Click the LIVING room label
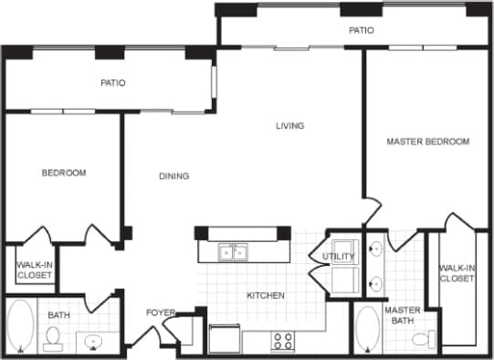pos(289,126)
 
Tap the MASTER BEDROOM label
pos(427,142)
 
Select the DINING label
pos(173,176)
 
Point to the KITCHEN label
pos(266,296)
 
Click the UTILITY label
pos(338,257)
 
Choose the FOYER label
pos(161,313)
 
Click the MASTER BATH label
pos(402,315)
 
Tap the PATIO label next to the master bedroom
pos(362,31)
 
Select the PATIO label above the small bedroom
pos(113,83)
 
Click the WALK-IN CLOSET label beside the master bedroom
pos(457,273)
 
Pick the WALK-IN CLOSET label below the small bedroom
pos(33,269)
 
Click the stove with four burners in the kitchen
pos(284,341)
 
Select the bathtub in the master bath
pos(367,330)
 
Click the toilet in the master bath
pos(423,340)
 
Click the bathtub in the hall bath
pos(18,328)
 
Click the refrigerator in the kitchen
pos(225,338)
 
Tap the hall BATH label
pos(59,315)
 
